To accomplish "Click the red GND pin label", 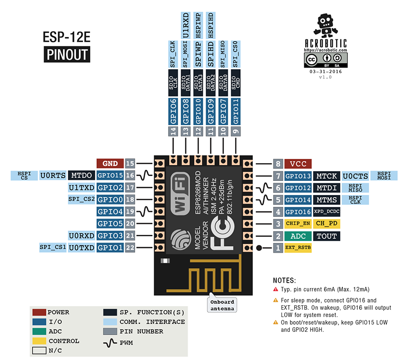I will click(110, 164).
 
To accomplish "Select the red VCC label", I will click(298, 164).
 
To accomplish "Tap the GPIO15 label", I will click(110, 176).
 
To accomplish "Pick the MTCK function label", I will click(326, 176).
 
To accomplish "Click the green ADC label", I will click(298, 236).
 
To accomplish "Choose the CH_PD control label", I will click(326, 224).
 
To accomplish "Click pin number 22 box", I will click(130, 247).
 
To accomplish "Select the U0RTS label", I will click(52, 176).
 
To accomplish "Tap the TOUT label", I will click(326, 236).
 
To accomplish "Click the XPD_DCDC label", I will click(326, 211).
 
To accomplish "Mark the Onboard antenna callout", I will click(222, 305).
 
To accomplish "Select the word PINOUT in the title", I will click(67, 54).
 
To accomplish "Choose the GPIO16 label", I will click(298, 211).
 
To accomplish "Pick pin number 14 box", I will click(174, 132).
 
